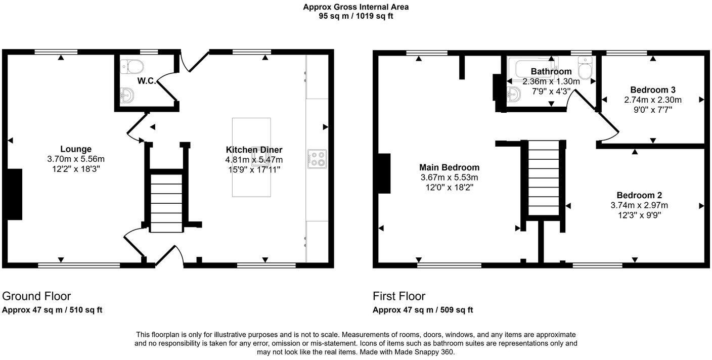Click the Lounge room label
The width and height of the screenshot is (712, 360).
coord(76,149)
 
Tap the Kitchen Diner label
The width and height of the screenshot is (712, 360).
coord(254,150)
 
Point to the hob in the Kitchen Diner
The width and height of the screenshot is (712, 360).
coord(317,159)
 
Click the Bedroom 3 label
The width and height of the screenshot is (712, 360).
coord(653,90)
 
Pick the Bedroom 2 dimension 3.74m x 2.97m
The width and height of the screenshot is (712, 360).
coord(639,205)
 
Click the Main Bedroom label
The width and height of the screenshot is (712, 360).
coord(450,167)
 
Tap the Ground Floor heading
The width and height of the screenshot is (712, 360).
coord(36,296)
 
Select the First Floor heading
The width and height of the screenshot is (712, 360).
coord(399,296)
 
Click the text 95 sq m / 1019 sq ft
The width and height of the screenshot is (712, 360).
coord(356,16)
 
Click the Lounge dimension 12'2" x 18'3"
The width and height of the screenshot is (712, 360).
coord(76,169)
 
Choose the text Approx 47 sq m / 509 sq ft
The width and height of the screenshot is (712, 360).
coord(423,310)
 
